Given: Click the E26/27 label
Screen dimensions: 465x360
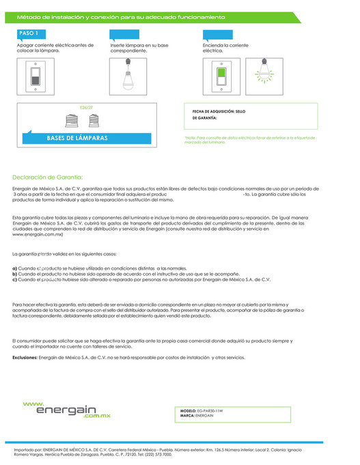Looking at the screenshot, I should (86, 108).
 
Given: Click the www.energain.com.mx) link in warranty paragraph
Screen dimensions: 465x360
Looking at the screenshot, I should (38, 234).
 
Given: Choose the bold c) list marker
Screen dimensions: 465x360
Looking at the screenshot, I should (15, 280).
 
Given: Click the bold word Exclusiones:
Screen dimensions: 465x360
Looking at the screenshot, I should (25, 357).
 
